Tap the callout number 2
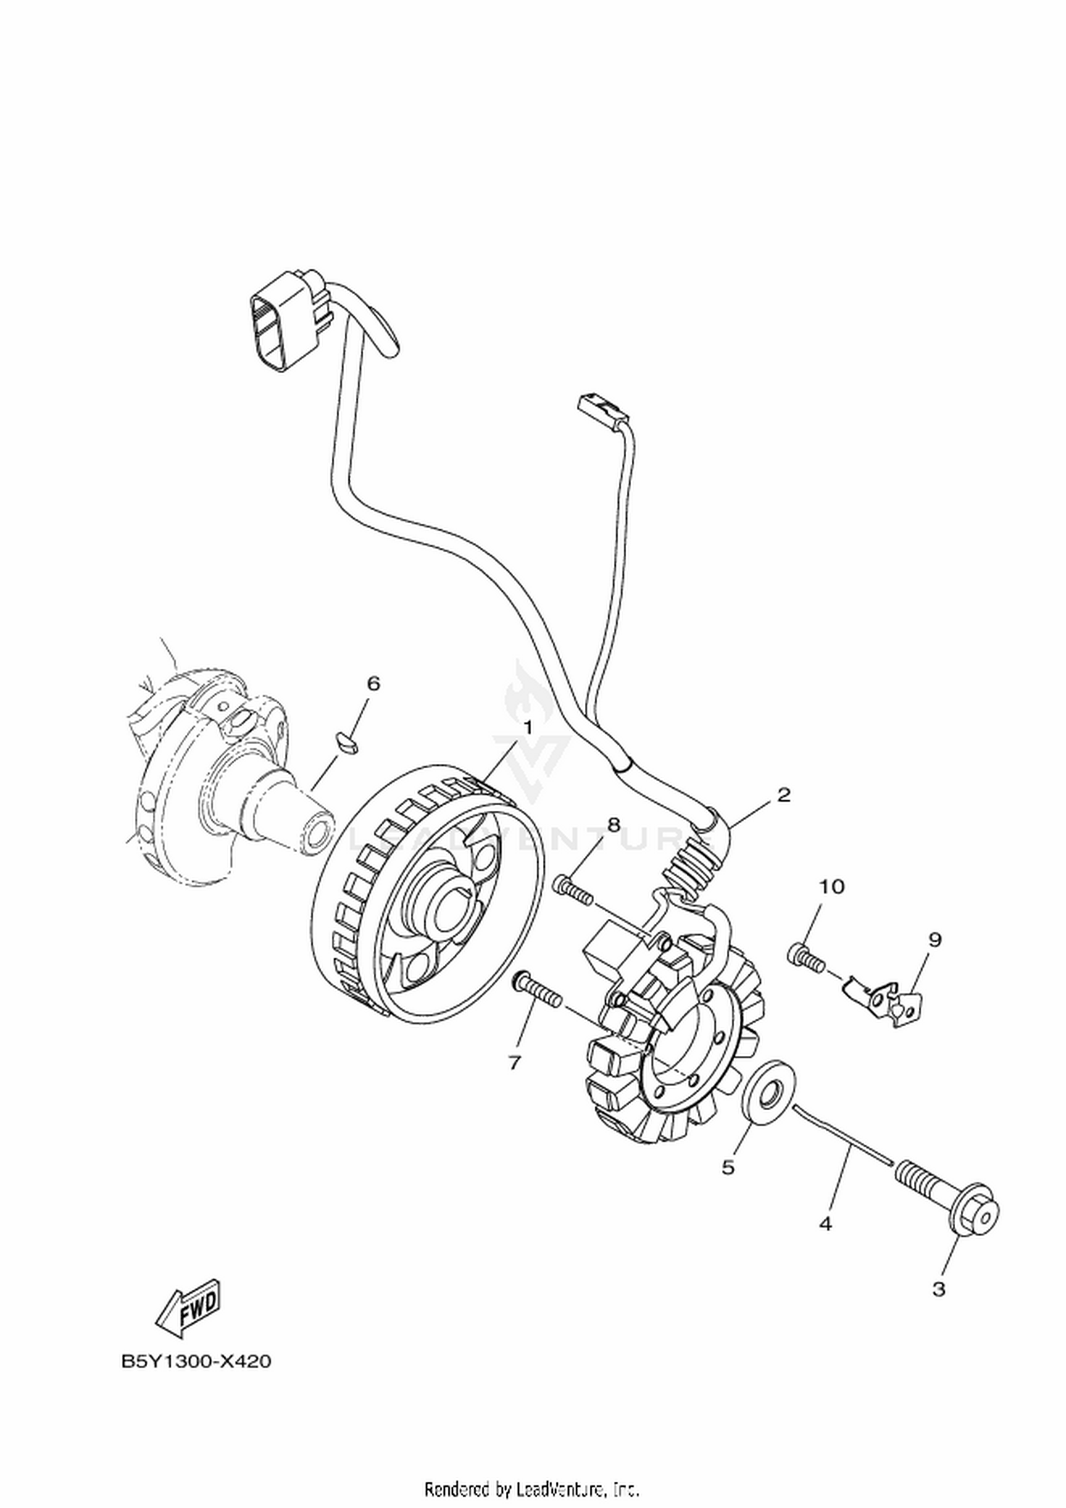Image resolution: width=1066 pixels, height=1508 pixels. click(x=784, y=795)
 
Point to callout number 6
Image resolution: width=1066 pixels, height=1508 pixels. click(x=373, y=683)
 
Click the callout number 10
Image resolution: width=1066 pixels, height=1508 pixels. click(x=831, y=886)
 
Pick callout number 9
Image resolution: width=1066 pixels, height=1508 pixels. click(x=935, y=939)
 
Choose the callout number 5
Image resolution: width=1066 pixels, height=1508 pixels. click(x=728, y=1167)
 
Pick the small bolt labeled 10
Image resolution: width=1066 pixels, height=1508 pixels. click(x=806, y=956)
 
